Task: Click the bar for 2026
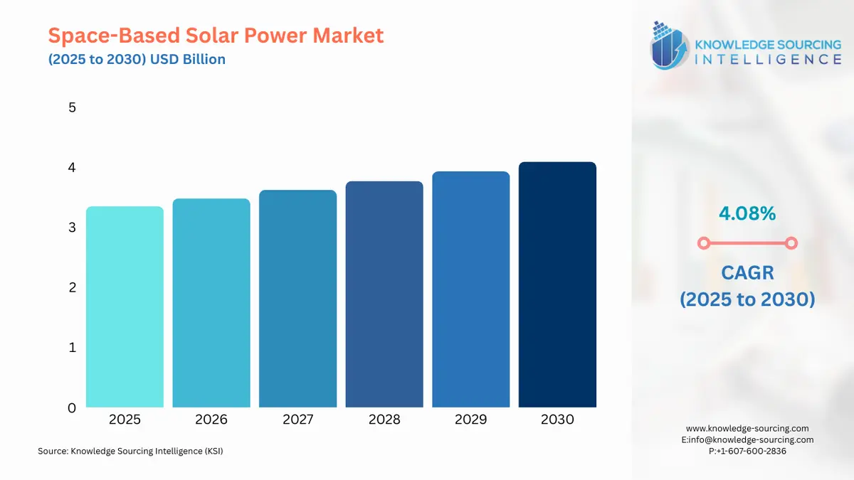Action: pyautogui.click(x=211, y=303)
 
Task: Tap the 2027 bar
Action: pyautogui.click(x=297, y=299)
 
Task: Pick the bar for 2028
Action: pyautogui.click(x=384, y=294)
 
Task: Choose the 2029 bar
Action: pyautogui.click(x=470, y=289)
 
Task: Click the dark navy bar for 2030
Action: pyautogui.click(x=557, y=284)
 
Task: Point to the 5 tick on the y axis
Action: pyautogui.click(x=72, y=108)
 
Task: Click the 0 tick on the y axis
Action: pyautogui.click(x=72, y=408)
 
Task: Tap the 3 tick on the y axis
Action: pyautogui.click(x=72, y=228)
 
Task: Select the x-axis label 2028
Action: pyautogui.click(x=384, y=420)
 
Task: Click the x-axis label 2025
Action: pyautogui.click(x=125, y=420)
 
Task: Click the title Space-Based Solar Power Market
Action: pyautogui.click(x=216, y=35)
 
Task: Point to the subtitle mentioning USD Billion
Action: pyautogui.click(x=137, y=59)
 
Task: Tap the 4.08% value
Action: pyautogui.click(x=747, y=213)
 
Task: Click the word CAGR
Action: pyautogui.click(x=747, y=273)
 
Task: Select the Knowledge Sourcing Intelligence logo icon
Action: pyautogui.click(x=668, y=45)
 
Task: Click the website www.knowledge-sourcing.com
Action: pyautogui.click(x=747, y=428)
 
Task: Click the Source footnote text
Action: pyautogui.click(x=130, y=451)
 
